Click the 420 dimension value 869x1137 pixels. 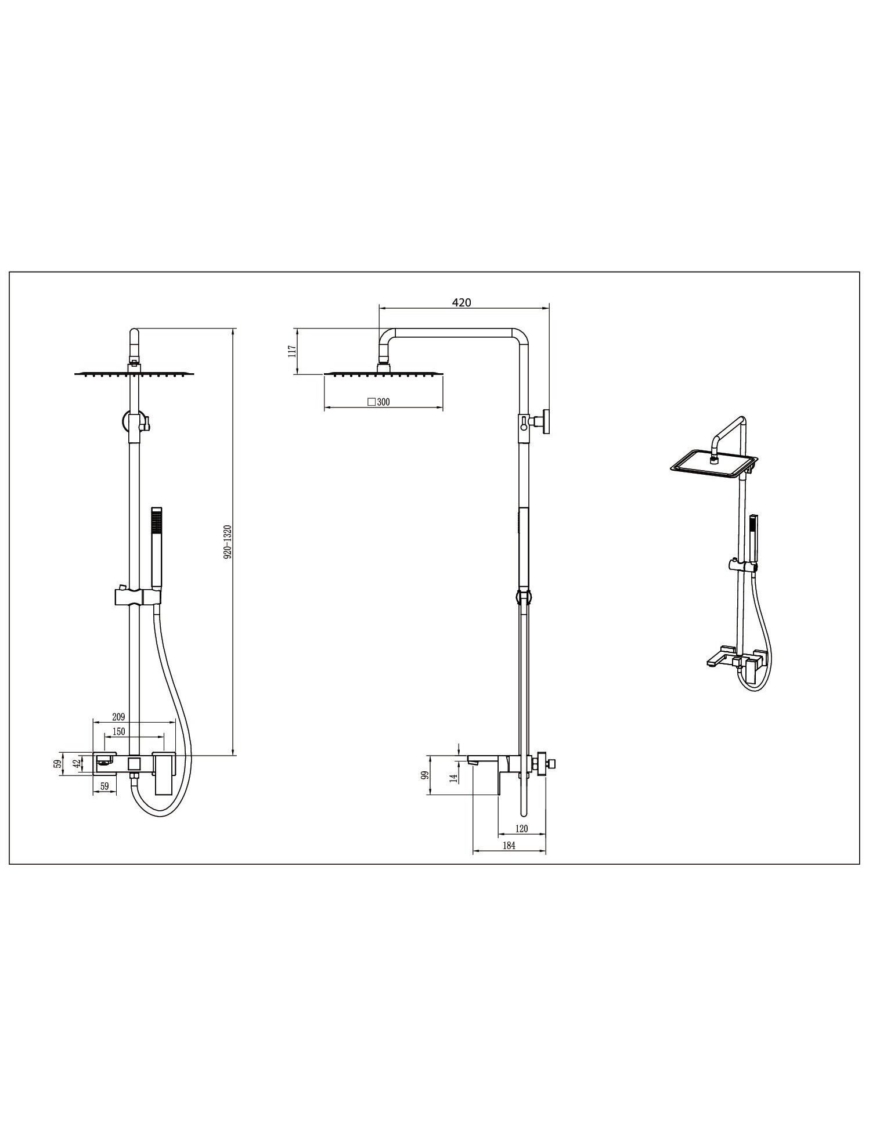click(x=461, y=302)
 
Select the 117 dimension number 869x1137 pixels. click(x=292, y=351)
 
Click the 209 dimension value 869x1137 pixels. click(x=118, y=717)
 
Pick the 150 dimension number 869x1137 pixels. click(x=118, y=732)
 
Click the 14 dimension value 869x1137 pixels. click(x=454, y=777)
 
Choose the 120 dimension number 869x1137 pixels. click(x=521, y=829)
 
